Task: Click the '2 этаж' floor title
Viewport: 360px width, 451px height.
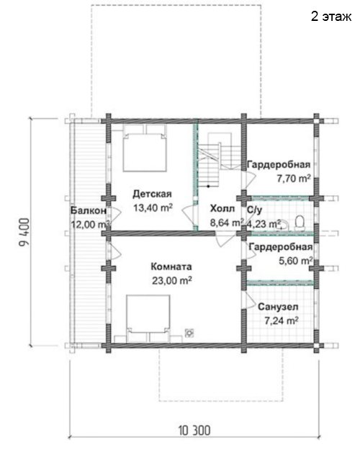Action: (331, 17)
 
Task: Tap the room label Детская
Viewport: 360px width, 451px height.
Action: (152, 194)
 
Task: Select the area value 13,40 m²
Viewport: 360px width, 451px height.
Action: (153, 207)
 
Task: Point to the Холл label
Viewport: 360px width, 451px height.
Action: (222, 208)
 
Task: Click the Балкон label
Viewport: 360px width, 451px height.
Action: (89, 210)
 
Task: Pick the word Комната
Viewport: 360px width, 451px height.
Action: (171, 267)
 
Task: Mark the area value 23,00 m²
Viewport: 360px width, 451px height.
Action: (172, 280)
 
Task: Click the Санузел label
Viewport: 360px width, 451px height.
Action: (278, 307)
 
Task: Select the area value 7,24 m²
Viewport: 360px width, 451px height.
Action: (282, 321)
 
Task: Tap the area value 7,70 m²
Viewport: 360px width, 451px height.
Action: (294, 179)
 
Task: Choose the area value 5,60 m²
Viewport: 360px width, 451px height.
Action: (296, 261)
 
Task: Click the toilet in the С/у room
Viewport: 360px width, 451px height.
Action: (300, 223)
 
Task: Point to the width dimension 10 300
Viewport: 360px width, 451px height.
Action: (194, 431)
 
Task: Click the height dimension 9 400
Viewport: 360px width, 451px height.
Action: (24, 232)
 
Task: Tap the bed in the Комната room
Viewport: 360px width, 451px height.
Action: (148, 318)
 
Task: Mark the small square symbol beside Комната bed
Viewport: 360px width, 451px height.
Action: (189, 333)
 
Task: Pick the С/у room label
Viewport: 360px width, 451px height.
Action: (254, 210)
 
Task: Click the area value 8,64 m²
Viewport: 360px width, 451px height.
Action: (227, 223)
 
